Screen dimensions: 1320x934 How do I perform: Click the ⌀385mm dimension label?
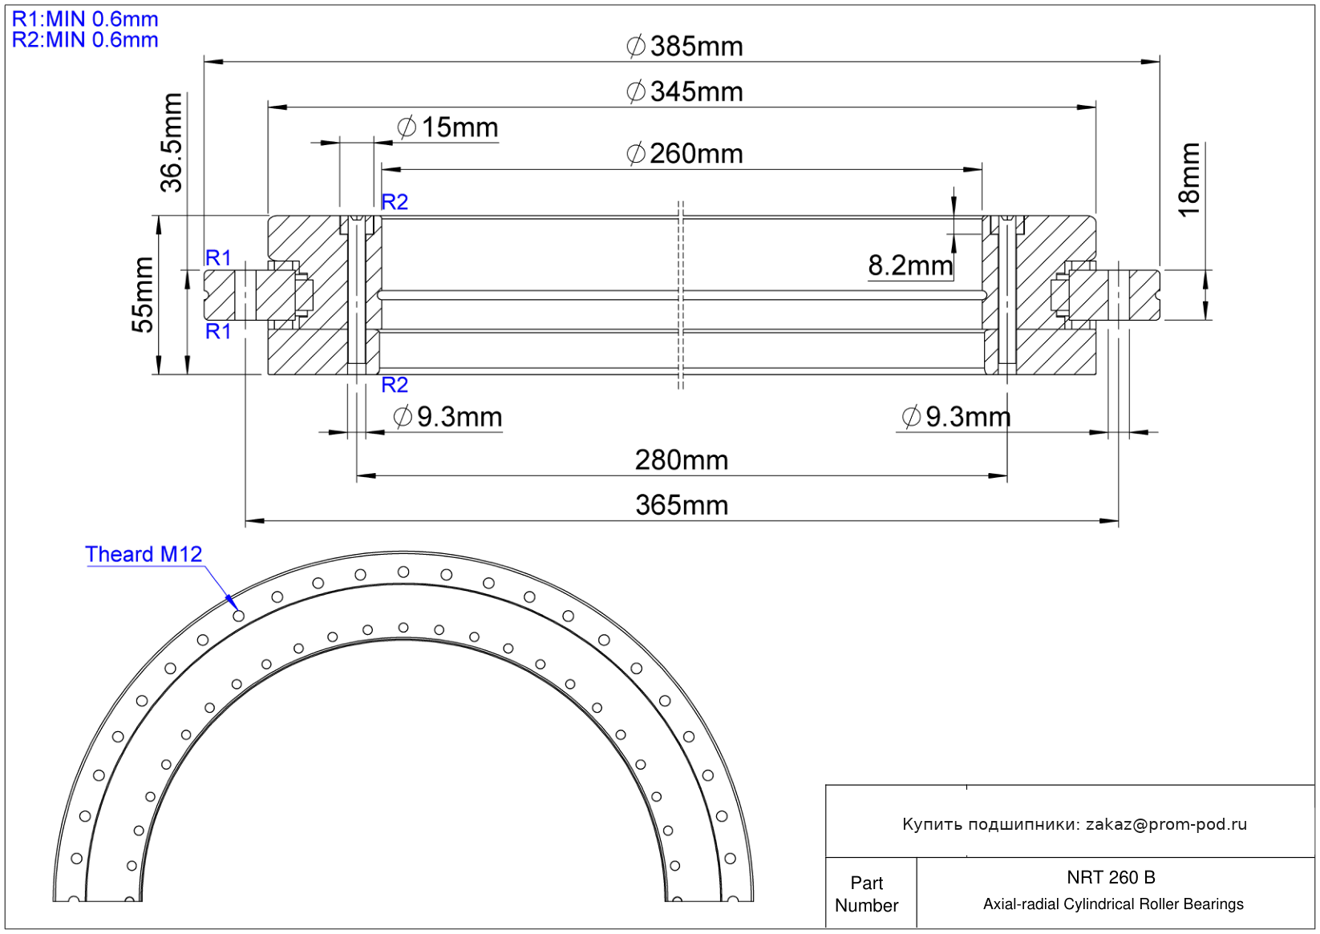[684, 46]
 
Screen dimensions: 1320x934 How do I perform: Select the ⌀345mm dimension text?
[684, 91]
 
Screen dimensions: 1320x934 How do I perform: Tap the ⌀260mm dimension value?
[684, 153]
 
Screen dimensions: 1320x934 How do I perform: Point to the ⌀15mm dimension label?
[447, 127]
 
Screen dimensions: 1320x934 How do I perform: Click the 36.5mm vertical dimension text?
[172, 143]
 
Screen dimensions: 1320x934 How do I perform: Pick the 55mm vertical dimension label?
[143, 295]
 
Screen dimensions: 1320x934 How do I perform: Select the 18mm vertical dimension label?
[1189, 180]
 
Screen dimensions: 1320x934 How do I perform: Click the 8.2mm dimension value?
[910, 265]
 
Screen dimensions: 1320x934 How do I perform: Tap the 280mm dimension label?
[682, 459]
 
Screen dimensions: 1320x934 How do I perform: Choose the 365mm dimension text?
[682, 505]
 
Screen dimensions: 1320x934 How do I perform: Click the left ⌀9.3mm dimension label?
[447, 417]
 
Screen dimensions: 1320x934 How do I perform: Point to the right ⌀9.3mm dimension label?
[957, 417]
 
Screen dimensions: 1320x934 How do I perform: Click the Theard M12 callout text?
[144, 554]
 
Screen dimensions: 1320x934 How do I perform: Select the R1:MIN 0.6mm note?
[85, 19]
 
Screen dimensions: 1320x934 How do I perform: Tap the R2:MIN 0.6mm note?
[85, 39]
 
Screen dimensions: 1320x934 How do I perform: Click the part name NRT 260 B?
[1111, 877]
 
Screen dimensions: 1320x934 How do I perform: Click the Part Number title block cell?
[866, 894]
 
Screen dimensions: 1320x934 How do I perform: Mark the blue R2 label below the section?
[395, 385]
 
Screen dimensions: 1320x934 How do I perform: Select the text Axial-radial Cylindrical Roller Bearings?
[1113, 904]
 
